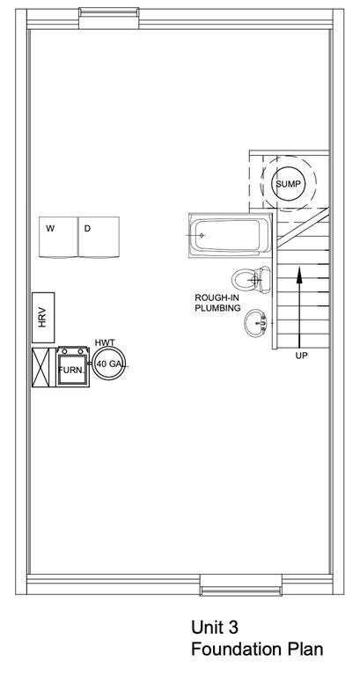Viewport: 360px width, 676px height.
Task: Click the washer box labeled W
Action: (58, 237)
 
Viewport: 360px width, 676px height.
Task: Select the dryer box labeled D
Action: (99, 237)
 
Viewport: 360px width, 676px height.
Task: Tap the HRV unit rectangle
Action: (43, 318)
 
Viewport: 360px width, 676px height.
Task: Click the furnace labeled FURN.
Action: (72, 367)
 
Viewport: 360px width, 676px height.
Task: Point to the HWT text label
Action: (105, 342)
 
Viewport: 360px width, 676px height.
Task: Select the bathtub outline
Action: (230, 235)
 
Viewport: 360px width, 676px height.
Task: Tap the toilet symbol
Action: (251, 279)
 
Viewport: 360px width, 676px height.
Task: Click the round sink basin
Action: (256, 323)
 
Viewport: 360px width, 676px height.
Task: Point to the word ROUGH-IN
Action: (217, 298)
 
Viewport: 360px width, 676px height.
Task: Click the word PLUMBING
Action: (217, 308)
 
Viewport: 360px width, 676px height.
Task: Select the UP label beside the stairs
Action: (301, 356)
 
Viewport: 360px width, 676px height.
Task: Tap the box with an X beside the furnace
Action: (43, 367)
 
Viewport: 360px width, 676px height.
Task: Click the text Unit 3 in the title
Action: (214, 628)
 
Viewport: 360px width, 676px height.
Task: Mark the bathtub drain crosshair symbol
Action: (201, 235)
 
